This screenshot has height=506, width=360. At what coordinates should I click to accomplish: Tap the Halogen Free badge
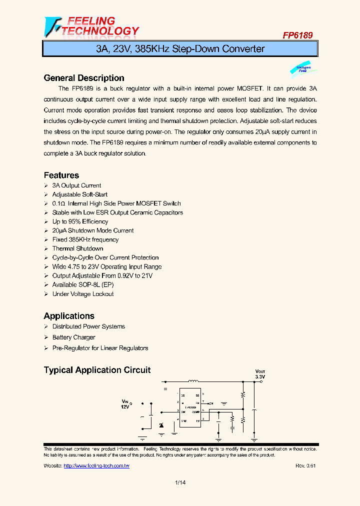(302, 69)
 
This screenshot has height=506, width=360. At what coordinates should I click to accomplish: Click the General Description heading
(84, 78)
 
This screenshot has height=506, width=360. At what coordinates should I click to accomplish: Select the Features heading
(61, 175)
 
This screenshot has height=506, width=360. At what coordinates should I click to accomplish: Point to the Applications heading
(69, 316)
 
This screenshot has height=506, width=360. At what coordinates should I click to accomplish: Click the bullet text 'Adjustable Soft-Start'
(80, 194)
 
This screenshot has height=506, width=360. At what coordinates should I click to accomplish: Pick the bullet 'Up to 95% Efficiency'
(80, 221)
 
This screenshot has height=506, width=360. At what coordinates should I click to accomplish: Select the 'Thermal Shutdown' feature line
(77, 248)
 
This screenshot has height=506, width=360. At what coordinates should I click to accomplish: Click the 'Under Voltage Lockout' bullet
(83, 294)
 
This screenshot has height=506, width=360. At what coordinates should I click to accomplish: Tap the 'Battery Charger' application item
(73, 337)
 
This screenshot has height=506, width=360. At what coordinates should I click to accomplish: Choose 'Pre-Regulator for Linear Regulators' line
(100, 348)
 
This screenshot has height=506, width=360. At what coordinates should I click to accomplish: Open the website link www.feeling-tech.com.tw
(96, 465)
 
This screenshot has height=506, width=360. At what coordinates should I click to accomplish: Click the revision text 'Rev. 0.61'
(305, 465)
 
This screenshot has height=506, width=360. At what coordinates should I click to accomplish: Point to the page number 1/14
(180, 482)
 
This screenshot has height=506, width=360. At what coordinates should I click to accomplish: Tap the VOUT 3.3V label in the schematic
(260, 374)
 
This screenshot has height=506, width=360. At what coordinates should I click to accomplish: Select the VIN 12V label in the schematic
(125, 404)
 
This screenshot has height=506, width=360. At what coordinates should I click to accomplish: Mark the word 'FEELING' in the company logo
(91, 21)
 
